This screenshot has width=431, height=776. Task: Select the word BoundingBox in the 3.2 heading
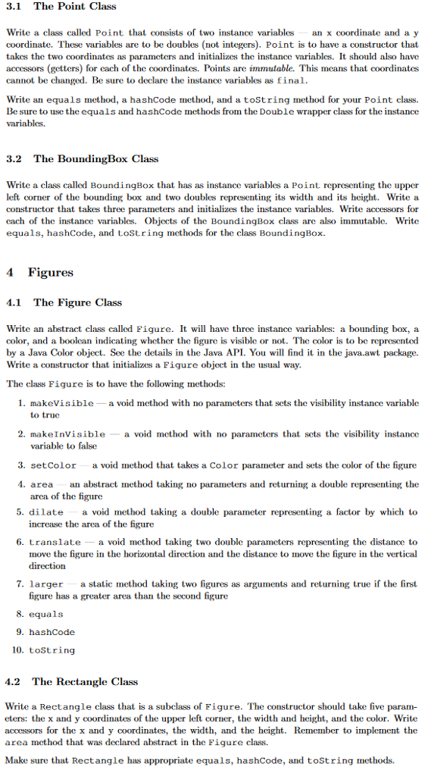(x=95, y=159)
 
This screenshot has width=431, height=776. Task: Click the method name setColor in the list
(x=53, y=465)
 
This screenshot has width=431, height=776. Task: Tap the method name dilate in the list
(x=47, y=512)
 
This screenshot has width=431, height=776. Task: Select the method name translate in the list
(x=55, y=543)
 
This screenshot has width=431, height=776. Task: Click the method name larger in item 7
(x=47, y=585)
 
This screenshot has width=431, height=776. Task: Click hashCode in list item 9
(x=52, y=632)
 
